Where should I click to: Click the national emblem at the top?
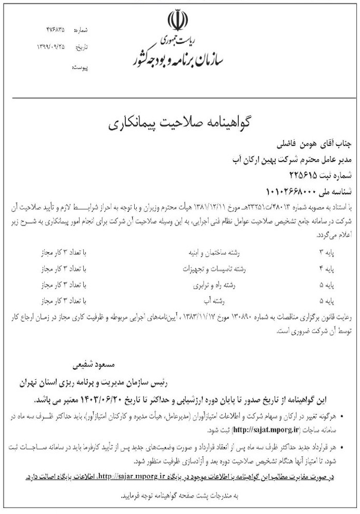pyautogui.click(x=175, y=21)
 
